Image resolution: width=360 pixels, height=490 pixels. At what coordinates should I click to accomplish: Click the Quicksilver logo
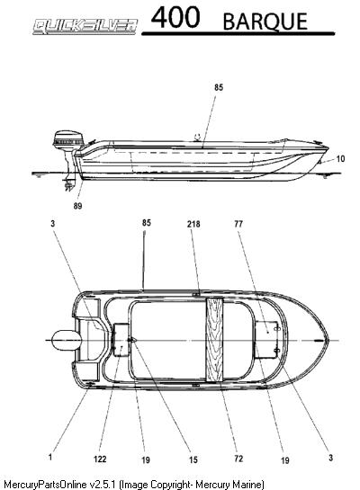click(x=85, y=27)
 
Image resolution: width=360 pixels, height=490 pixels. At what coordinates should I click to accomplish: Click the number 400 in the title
click(x=175, y=17)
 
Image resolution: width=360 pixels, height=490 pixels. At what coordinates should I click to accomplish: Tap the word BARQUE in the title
click(x=265, y=22)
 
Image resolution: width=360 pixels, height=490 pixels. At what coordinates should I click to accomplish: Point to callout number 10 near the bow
click(x=340, y=159)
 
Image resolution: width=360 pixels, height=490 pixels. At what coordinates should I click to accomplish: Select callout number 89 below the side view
click(x=78, y=206)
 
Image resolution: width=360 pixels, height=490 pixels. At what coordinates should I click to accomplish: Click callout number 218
click(x=193, y=224)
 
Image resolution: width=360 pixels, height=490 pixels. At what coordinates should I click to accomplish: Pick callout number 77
click(x=238, y=224)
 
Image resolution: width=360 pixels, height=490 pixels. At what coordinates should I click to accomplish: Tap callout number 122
click(x=100, y=459)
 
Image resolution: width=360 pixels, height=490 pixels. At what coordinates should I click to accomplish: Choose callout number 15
click(x=193, y=459)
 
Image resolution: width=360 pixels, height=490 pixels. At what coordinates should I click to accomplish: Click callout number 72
click(x=238, y=459)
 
